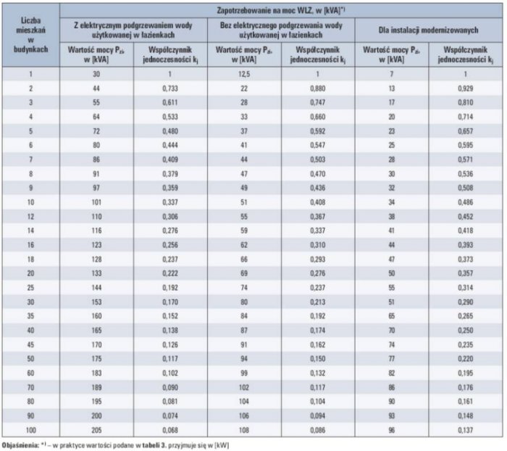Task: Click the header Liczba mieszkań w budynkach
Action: [x=30, y=35]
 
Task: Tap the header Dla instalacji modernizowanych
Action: [x=428, y=30]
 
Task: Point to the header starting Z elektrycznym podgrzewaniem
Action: [x=133, y=30]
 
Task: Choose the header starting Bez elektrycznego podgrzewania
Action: [x=281, y=30]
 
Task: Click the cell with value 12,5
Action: [x=244, y=74]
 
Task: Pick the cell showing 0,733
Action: [x=170, y=88]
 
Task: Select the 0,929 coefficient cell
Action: [x=465, y=88]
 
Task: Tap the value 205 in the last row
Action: [x=96, y=430]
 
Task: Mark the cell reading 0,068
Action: [x=170, y=430]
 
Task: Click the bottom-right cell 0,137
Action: [x=465, y=430]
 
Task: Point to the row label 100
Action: [x=30, y=430]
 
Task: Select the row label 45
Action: [x=30, y=344]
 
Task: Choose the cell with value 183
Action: [x=96, y=373]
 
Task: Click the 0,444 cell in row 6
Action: [x=170, y=145]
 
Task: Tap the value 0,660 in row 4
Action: [x=317, y=117]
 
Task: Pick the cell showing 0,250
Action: [x=465, y=330]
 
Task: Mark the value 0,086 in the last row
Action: [x=317, y=430]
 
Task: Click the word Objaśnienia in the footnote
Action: [x=20, y=445]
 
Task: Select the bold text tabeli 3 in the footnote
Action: [x=154, y=445]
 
